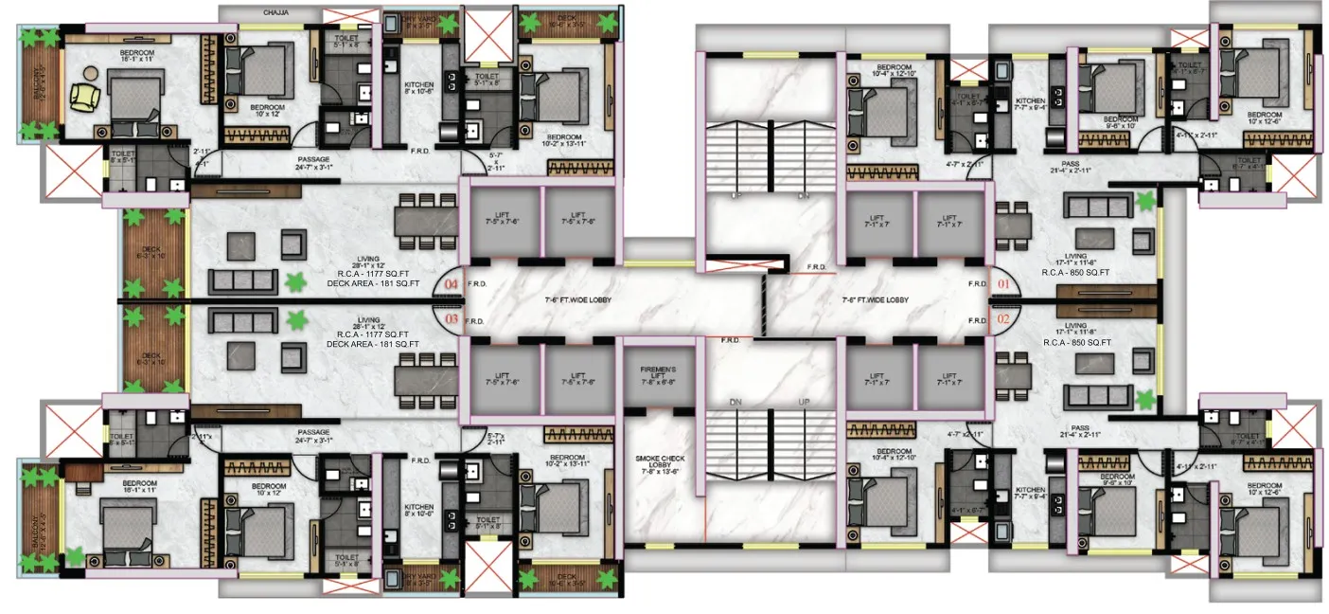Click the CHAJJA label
click(275, 12)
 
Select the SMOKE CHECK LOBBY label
click(659, 464)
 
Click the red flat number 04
click(451, 284)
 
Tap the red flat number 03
click(451, 320)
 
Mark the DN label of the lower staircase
click(735, 402)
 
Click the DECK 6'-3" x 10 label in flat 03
click(151, 360)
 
